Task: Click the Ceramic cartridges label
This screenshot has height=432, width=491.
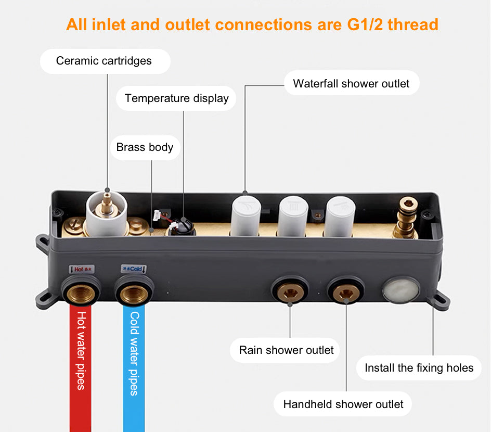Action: pos(104,61)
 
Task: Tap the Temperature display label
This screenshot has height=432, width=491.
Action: pos(176,98)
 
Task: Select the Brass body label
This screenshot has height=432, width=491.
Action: pos(145,147)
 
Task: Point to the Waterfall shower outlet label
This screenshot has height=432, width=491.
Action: pos(351,83)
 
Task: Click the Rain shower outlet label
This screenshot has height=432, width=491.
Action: pos(286,350)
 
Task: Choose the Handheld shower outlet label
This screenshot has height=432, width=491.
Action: pos(343,404)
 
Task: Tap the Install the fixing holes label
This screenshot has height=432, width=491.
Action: pos(419,368)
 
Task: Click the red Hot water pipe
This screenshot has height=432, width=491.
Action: pos(81,364)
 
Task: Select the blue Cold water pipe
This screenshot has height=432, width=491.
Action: pos(134,364)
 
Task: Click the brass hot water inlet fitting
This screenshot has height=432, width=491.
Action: pos(81,293)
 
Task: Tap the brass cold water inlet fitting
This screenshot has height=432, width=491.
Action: pos(134,293)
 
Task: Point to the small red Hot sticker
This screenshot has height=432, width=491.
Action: pos(81,269)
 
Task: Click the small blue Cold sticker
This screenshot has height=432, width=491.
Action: pos(134,269)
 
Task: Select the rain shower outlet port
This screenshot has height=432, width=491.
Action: pos(290,291)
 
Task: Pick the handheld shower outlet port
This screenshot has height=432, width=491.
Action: pos(346,291)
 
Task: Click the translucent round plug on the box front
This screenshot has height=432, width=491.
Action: pos(401,289)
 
